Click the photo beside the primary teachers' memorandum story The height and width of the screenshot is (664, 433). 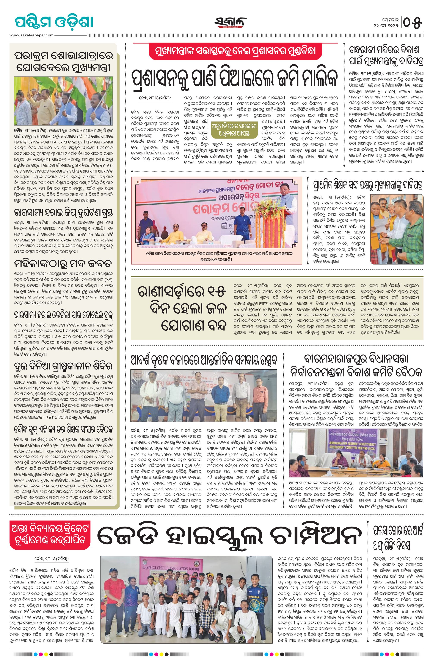click(x=397, y=229)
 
